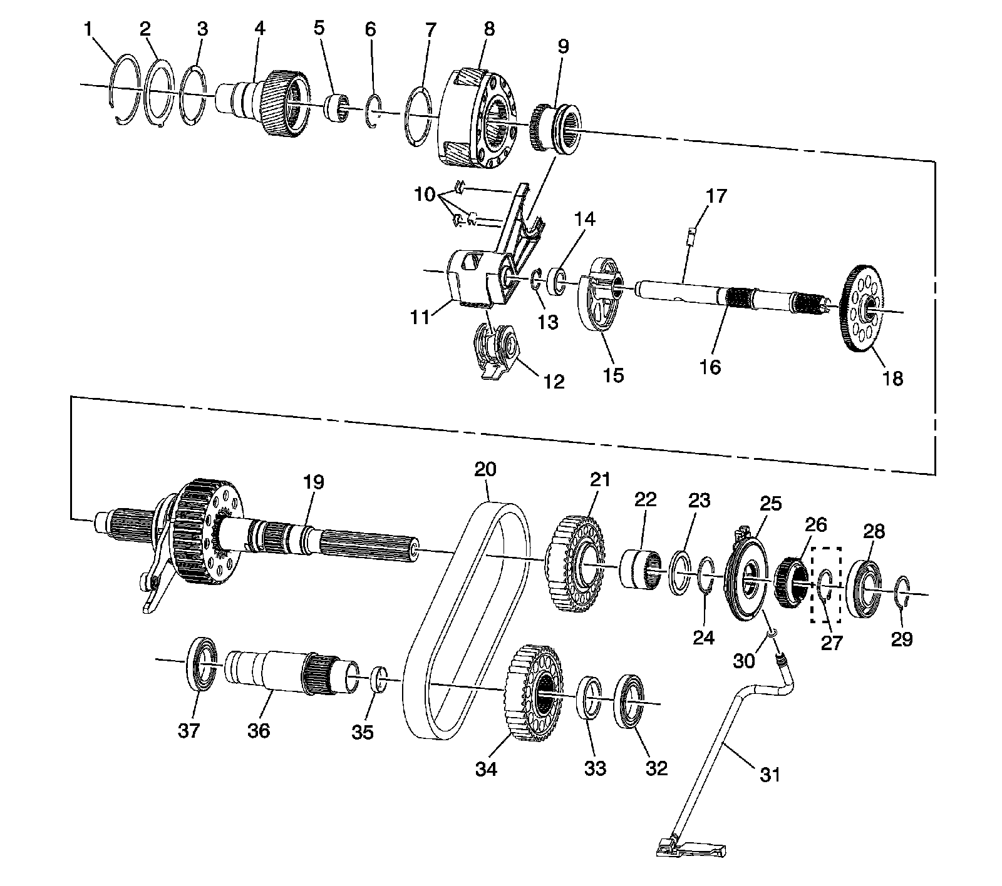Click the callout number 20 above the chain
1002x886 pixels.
click(x=485, y=469)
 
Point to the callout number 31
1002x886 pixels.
click(x=770, y=774)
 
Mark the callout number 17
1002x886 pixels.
click(x=716, y=196)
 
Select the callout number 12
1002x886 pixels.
click(x=554, y=382)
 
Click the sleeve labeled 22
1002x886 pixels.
click(x=640, y=568)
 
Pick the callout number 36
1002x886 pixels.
click(x=259, y=730)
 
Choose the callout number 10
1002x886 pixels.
click(x=425, y=195)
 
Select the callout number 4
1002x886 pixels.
click(x=258, y=28)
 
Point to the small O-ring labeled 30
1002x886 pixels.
click(x=771, y=636)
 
